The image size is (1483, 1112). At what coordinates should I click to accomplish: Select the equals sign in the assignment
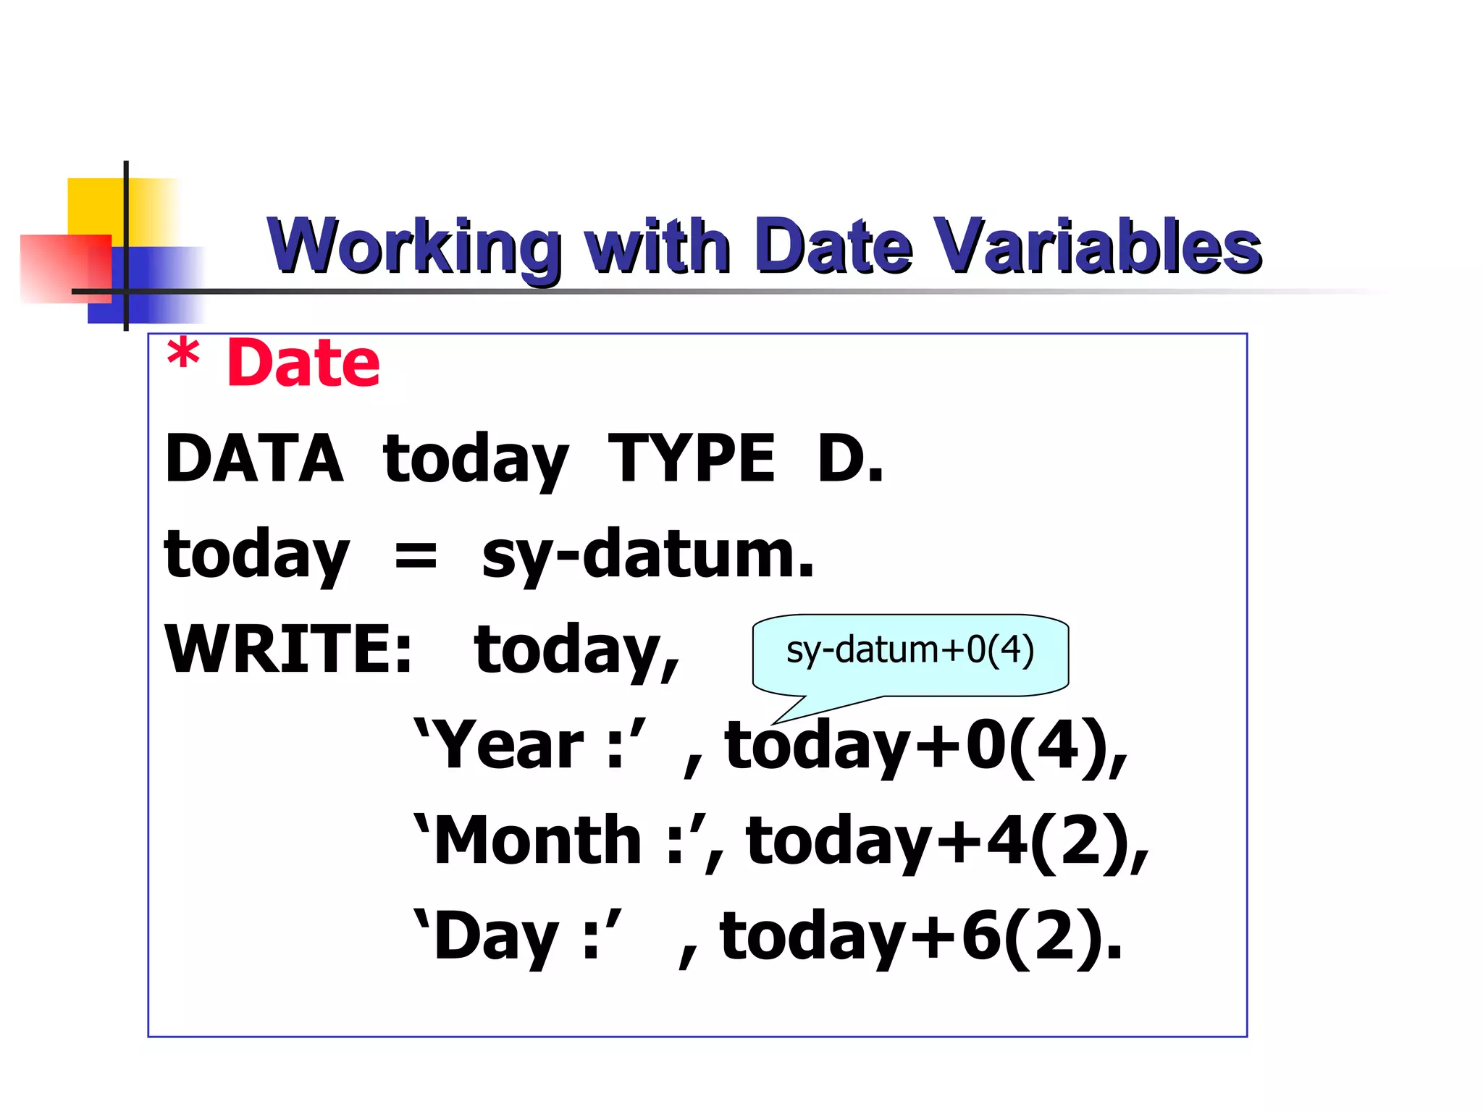416,556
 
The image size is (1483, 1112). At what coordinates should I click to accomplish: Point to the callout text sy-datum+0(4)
909,650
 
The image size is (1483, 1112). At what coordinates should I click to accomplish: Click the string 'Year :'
529,745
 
